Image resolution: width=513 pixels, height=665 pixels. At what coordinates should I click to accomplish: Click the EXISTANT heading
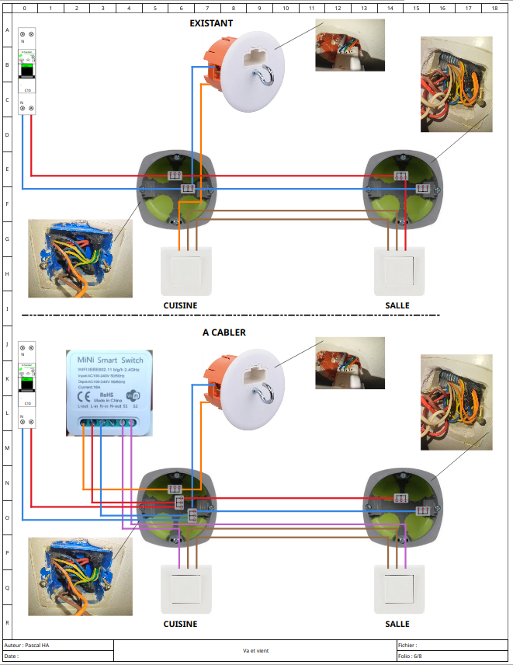coord(211,23)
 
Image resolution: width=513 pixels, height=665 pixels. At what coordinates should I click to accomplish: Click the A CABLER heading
coord(224,332)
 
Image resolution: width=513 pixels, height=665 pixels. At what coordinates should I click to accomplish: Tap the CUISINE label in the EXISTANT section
coord(180,305)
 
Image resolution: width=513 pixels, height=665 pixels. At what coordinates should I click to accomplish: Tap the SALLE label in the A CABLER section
coord(397,624)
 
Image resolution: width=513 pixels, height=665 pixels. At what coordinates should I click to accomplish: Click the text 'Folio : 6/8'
coord(412,656)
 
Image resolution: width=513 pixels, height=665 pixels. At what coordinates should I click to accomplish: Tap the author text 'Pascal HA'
coord(36,646)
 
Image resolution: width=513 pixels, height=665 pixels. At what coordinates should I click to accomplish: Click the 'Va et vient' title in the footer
coord(255,651)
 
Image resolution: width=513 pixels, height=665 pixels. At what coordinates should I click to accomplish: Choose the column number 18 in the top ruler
coord(494,8)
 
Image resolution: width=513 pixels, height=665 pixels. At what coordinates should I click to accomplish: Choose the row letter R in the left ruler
coord(7,622)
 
